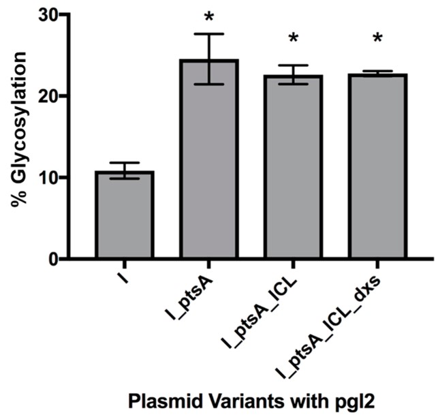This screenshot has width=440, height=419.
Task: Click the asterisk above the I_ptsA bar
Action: click(x=209, y=15)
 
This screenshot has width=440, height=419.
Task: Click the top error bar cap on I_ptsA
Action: click(x=209, y=33)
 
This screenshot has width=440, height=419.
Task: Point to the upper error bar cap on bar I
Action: click(x=125, y=163)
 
